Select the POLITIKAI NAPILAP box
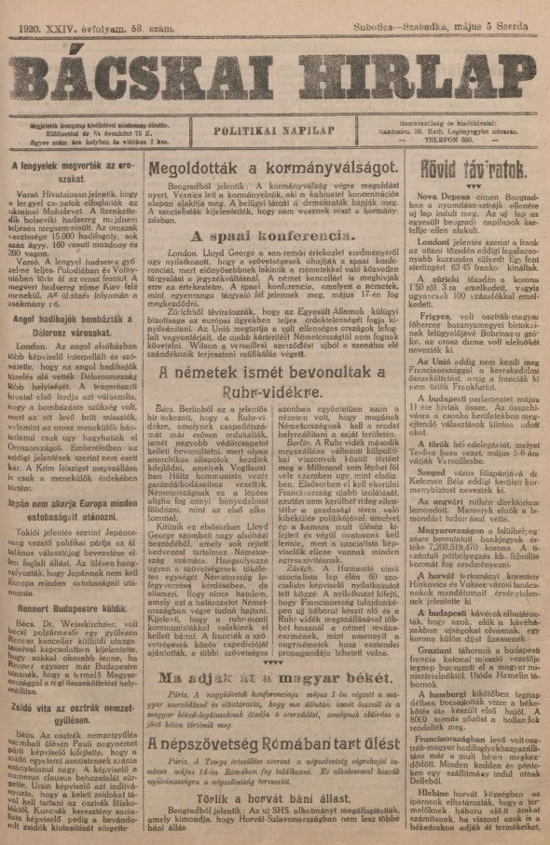tap(274, 132)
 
